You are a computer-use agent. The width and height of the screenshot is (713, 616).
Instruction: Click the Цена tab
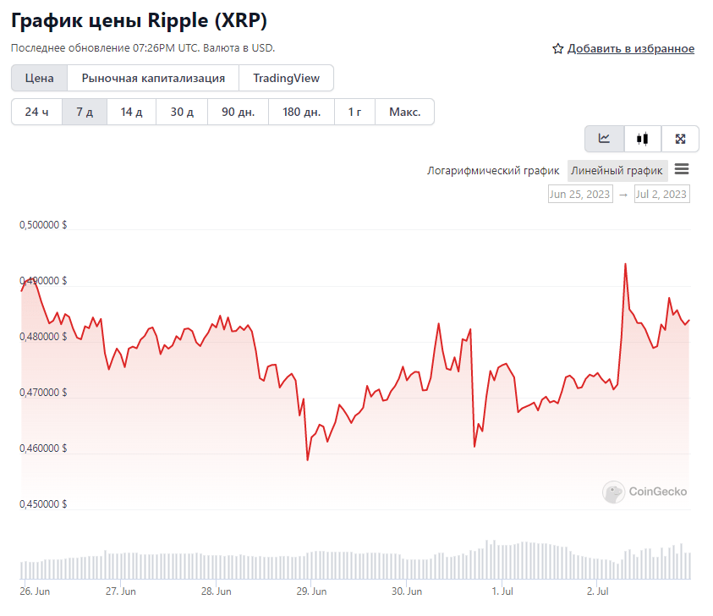(x=39, y=78)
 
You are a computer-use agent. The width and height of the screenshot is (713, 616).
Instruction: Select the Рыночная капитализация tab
(x=153, y=78)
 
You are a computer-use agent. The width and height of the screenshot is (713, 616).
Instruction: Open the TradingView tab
(x=286, y=78)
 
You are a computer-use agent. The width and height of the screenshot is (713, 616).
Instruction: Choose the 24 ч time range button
(x=36, y=112)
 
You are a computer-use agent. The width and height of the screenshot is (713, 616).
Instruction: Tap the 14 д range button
(x=131, y=112)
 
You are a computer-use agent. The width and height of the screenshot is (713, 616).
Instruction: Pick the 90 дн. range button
(x=238, y=112)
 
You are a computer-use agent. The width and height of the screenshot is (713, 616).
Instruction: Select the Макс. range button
(x=404, y=112)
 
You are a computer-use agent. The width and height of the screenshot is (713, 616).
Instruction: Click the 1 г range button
(x=354, y=112)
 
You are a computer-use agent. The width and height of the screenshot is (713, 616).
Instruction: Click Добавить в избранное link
(x=630, y=49)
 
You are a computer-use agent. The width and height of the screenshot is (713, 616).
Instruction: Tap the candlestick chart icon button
(x=643, y=139)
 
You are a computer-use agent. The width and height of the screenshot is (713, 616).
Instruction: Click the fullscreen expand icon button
(x=680, y=139)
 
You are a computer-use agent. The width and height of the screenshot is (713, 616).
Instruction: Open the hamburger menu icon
(x=682, y=169)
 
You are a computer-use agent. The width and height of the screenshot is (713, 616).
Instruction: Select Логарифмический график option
(x=493, y=171)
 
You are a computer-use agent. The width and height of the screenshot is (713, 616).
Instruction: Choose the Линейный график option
(x=617, y=171)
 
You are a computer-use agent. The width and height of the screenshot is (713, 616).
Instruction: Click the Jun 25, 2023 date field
(x=580, y=195)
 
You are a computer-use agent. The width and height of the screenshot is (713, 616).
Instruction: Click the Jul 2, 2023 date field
(x=661, y=195)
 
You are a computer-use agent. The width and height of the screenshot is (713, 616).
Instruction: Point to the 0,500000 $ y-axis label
(x=44, y=226)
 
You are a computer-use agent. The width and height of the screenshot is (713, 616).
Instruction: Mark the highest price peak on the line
(x=625, y=264)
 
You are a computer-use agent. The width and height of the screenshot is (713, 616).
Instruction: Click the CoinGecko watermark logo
(x=644, y=492)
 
